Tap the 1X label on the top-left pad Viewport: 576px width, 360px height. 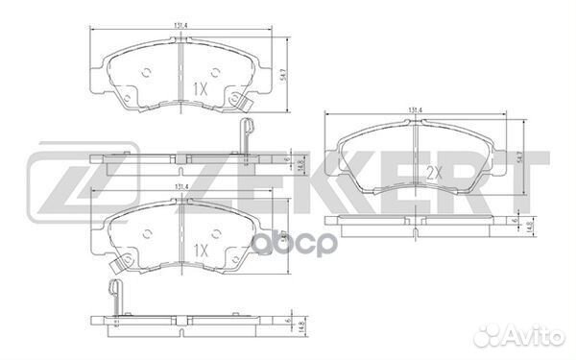coord(201,88)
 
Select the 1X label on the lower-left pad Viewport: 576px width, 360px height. coord(201,248)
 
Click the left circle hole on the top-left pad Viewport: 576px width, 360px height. coord(145,72)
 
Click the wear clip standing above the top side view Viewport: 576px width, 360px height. coord(242,134)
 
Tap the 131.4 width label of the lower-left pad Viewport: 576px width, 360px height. coord(179,188)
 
